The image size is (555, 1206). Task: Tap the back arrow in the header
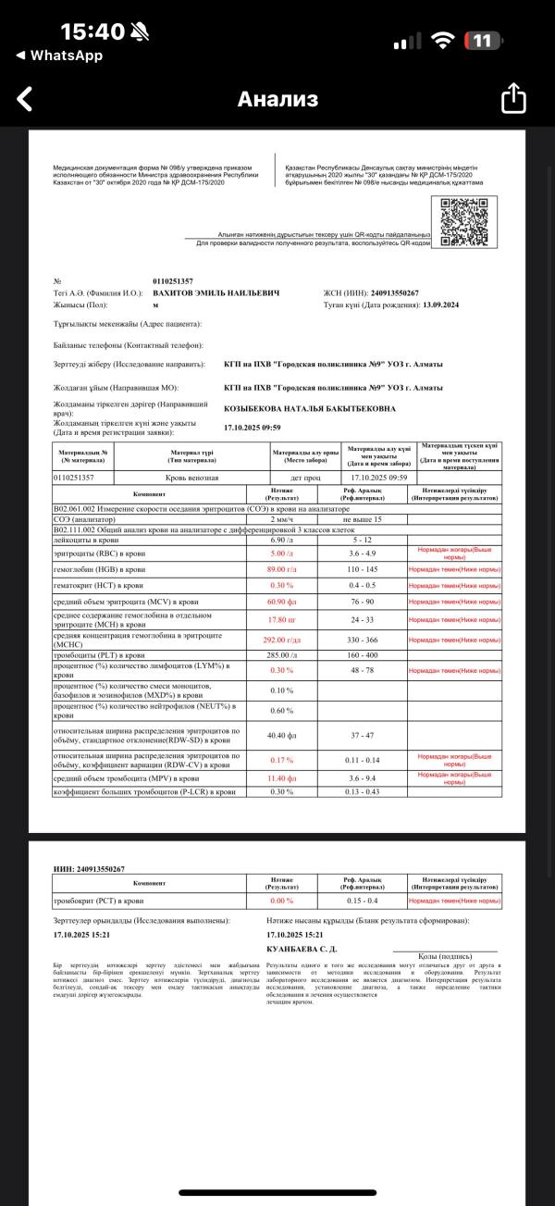pos(25,99)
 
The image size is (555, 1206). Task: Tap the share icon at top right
pos(513,99)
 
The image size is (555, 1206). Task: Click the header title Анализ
pos(277,99)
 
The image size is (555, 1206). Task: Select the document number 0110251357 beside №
pos(173,280)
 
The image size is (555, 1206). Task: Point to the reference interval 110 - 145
pos(375,568)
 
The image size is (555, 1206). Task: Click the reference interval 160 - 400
pos(375,655)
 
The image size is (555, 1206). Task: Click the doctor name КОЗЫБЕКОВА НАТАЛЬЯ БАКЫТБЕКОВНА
pos(310,408)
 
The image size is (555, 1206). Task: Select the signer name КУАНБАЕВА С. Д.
pos(302,949)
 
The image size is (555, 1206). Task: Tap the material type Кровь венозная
pos(191,477)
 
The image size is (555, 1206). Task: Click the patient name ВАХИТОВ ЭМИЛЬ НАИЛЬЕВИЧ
pos(216,292)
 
